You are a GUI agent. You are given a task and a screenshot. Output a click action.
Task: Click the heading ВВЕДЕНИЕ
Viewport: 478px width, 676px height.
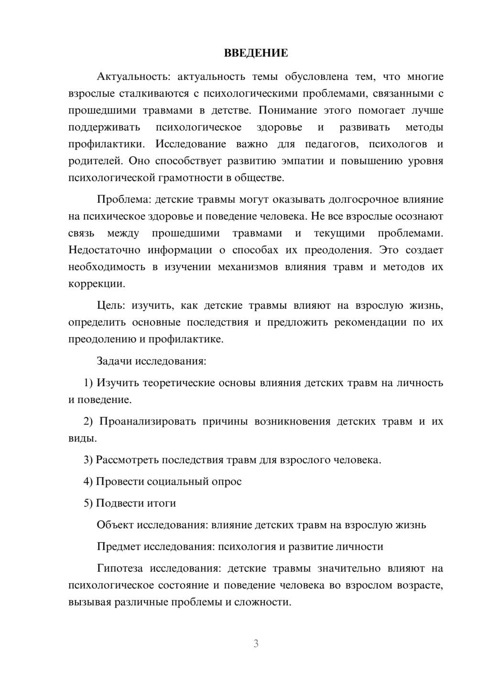pos(256,53)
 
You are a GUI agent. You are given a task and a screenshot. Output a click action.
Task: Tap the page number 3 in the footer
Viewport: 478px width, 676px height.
pos(256,643)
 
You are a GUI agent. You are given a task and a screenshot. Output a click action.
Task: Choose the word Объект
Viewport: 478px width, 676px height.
pos(115,525)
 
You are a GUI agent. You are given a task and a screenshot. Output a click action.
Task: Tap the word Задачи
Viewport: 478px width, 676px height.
pos(114,361)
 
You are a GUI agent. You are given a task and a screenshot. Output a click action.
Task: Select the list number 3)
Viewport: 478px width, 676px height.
pos(88,460)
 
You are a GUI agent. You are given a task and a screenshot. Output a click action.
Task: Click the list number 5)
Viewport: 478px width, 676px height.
pos(88,503)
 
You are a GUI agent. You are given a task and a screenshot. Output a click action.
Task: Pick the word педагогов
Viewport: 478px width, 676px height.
pos(330,144)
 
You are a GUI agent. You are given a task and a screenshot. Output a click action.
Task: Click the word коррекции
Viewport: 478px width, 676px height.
pos(96,284)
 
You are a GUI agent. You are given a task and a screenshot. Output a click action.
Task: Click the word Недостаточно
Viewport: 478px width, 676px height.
pos(104,250)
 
